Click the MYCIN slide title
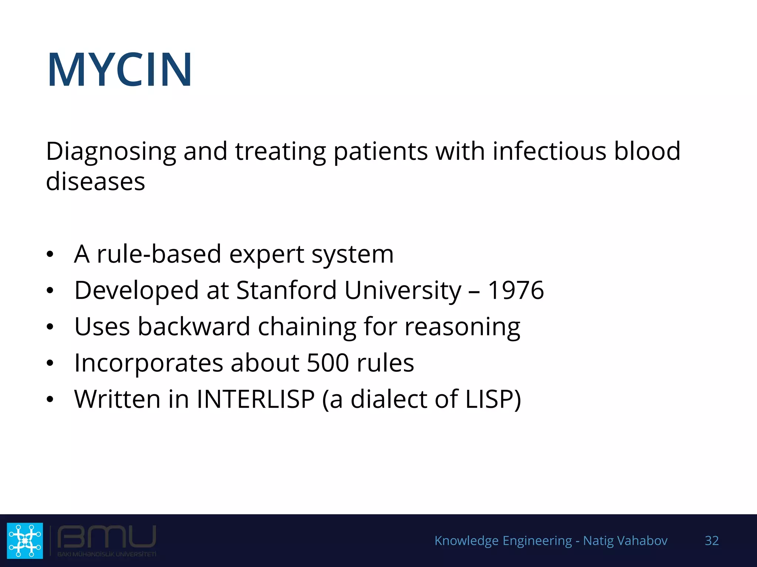tap(119, 70)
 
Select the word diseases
tap(95, 182)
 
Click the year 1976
tap(516, 290)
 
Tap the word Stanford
tap(286, 290)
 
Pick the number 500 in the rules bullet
tap(328, 363)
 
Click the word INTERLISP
tap(255, 399)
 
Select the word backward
tap(194, 327)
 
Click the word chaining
tap(306, 327)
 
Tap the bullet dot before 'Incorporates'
tap(50, 363)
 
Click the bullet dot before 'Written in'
tap(50, 399)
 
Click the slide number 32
tap(712, 541)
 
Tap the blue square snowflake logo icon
tap(25, 540)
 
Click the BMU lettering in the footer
tap(107, 537)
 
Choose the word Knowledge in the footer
tap(466, 541)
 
